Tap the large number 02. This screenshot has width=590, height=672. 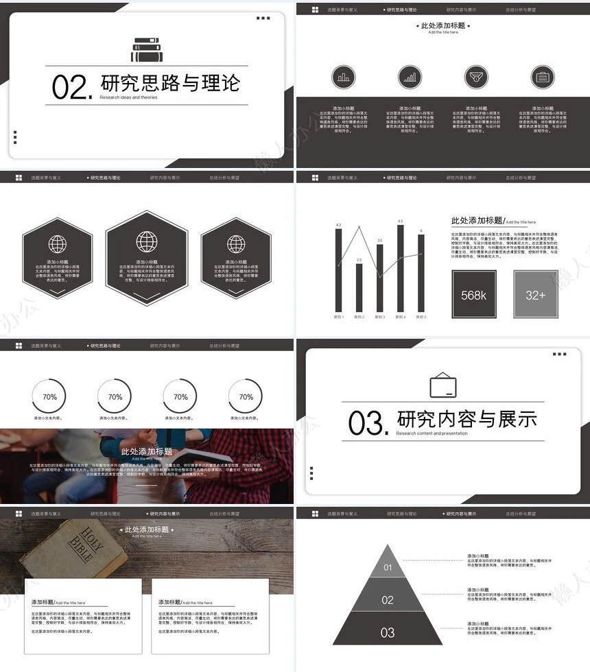71,88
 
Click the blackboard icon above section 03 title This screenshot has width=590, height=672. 442,385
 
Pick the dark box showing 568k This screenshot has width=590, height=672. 473,295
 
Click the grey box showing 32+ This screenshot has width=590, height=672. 535,295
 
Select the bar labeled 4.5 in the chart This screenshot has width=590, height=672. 401,267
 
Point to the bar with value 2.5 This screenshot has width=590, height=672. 359,287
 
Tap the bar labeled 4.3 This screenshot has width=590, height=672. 338,269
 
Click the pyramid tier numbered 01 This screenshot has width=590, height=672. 388,566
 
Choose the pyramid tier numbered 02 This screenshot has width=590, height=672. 388,599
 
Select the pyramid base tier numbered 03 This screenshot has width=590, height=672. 388,632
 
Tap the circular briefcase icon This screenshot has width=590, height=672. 542,77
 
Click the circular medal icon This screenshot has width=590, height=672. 476,77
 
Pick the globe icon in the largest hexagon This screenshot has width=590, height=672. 147,241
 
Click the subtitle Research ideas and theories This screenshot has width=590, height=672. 128,97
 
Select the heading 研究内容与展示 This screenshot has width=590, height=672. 467,418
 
